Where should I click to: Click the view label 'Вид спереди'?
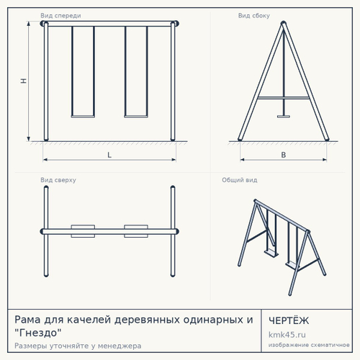point(60,16)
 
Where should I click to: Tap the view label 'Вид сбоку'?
point(254,16)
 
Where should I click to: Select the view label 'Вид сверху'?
point(58,180)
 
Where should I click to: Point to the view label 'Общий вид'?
point(240,180)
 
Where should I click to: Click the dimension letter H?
point(24,81)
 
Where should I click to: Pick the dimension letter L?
point(109,155)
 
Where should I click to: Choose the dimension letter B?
point(284,155)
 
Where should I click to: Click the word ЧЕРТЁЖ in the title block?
point(289,320)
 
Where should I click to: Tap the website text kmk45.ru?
point(287,335)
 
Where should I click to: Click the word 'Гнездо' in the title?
point(38,333)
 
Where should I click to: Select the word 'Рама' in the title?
point(27,320)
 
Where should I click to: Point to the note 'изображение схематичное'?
point(309,345)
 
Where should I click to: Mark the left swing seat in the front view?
point(83,117)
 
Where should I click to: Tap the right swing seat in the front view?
point(136,117)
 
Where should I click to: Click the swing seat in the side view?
point(284,117)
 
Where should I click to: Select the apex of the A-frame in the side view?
point(284,22)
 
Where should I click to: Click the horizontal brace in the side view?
point(284,98)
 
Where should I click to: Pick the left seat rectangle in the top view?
point(83,231)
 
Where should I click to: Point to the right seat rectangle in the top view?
point(136,231)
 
